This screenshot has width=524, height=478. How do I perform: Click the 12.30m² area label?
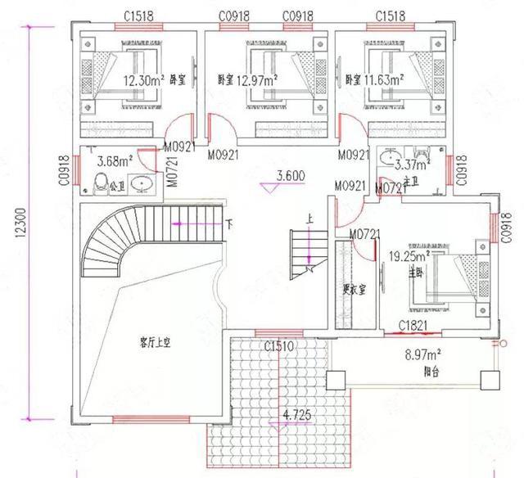[145, 80]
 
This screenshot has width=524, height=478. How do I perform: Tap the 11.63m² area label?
[385, 80]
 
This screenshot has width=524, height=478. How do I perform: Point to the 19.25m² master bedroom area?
[409, 255]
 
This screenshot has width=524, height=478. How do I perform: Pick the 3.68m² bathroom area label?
[114, 160]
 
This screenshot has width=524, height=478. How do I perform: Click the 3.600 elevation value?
[291, 175]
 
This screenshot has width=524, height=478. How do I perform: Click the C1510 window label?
[279, 346]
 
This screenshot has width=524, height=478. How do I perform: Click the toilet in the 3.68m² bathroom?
[102, 183]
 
